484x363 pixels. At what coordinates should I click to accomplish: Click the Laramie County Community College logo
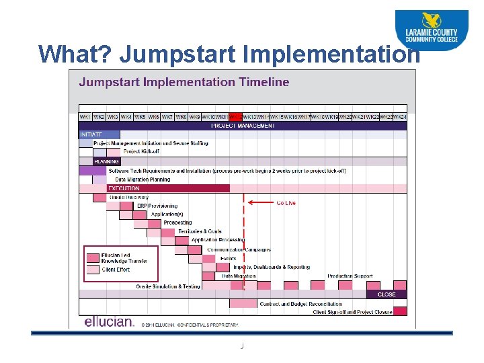click(x=431, y=30)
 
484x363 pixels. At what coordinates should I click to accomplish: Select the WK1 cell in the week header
click(x=85, y=117)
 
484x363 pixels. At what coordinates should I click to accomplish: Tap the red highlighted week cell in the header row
click(x=235, y=117)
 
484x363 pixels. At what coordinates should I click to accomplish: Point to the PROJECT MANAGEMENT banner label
click(x=243, y=126)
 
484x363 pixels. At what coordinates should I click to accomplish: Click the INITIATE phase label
click(x=91, y=135)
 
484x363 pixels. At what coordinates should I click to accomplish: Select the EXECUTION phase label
click(x=124, y=189)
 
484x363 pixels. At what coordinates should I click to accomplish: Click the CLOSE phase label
click(x=387, y=294)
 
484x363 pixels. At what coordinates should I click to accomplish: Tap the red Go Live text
click(x=286, y=202)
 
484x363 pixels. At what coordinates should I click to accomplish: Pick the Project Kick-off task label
click(x=141, y=152)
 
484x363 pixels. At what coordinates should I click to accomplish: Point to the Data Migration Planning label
click(x=143, y=179)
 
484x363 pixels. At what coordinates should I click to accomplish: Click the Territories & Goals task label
click(x=200, y=232)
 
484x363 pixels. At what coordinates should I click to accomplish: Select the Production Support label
click(x=350, y=276)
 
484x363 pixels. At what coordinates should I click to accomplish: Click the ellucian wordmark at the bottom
click(x=109, y=321)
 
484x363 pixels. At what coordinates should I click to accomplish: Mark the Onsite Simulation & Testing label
click(x=167, y=286)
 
